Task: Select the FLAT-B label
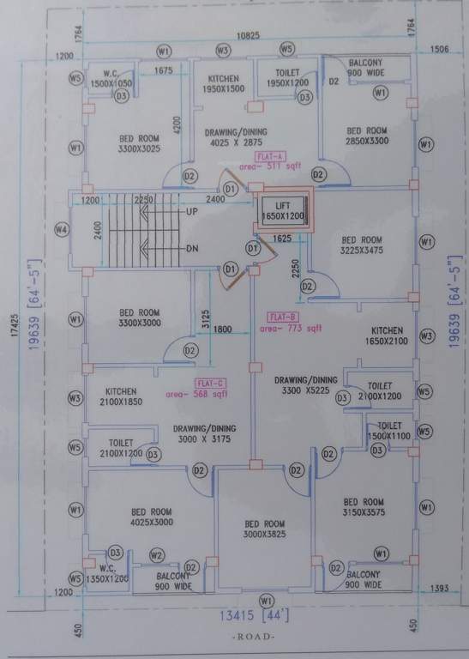click(x=282, y=316)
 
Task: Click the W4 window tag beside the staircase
click(x=60, y=230)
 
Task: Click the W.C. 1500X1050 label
click(x=112, y=78)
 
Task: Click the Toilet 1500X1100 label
click(x=389, y=431)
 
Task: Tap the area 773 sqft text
click(x=292, y=328)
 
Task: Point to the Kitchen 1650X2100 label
click(x=387, y=336)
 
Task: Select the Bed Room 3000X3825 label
click(x=264, y=529)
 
